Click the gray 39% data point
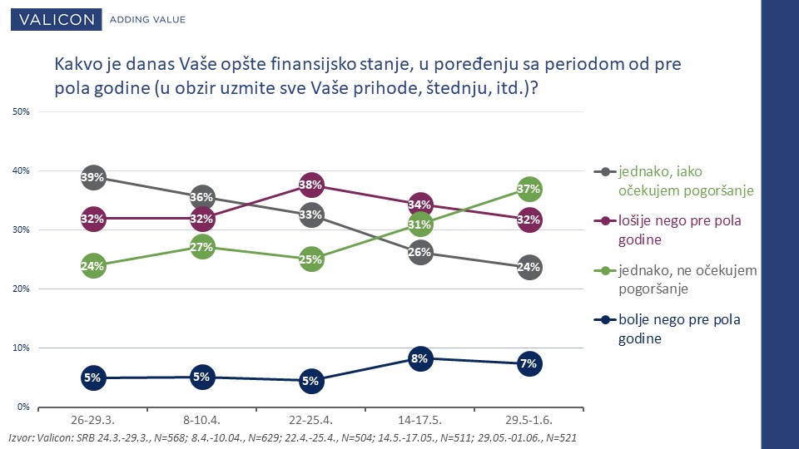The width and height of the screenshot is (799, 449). [93, 178]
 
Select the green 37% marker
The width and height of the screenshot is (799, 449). [529, 190]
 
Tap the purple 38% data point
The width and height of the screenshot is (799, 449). [310, 185]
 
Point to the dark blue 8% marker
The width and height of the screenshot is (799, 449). [419, 359]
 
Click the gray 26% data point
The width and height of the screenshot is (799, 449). [419, 253]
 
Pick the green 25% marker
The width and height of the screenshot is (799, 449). [310, 259]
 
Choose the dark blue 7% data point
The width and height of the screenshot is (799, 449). [529, 364]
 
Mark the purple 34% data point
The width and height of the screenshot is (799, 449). [419, 205]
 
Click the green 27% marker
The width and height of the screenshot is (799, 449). [201, 248]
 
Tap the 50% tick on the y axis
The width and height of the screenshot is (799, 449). [21, 111]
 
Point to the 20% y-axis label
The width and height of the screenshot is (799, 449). [21, 289]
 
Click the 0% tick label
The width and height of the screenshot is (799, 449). [23, 407]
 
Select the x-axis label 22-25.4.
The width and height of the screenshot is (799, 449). [310, 421]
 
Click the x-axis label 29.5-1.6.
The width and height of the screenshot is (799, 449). [529, 421]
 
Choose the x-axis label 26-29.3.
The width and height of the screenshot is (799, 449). [92, 421]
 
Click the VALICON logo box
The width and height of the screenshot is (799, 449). [56, 19]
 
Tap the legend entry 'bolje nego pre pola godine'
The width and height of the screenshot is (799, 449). [667, 329]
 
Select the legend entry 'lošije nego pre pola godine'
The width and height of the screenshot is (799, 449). [667, 230]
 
